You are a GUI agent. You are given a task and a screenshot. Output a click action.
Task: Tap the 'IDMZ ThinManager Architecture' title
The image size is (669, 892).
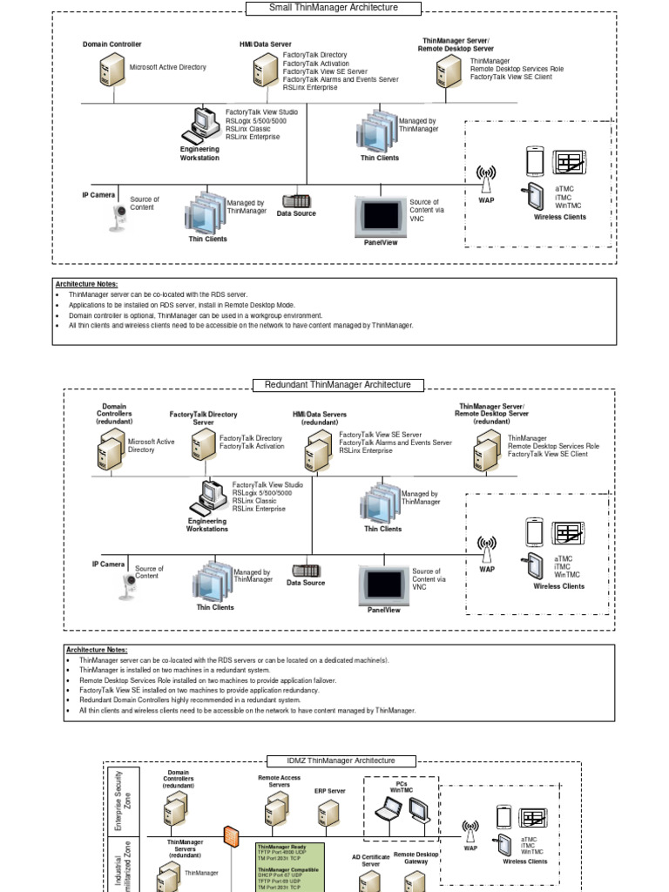(x=341, y=760)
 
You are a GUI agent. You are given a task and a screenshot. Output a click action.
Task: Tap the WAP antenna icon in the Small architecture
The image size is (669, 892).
(x=486, y=180)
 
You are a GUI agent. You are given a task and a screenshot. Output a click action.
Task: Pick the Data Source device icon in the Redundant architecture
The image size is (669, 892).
(x=306, y=570)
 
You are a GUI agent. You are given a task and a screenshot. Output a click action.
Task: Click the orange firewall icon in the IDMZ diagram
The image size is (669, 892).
(x=231, y=836)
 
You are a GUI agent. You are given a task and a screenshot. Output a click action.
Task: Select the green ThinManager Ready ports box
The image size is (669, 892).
(x=290, y=867)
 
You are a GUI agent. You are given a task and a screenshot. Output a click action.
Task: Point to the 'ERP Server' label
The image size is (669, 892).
(x=330, y=792)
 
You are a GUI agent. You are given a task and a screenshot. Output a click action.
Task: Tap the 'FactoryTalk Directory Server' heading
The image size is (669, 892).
(x=203, y=418)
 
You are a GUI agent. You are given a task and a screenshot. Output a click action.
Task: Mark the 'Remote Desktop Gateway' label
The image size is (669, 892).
(x=416, y=858)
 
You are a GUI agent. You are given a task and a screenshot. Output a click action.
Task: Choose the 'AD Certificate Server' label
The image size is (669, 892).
(x=370, y=861)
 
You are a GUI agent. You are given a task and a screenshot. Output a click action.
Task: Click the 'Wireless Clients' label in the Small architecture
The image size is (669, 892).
(x=560, y=217)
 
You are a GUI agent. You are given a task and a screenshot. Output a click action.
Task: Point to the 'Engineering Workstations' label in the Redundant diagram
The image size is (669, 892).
(x=207, y=525)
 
